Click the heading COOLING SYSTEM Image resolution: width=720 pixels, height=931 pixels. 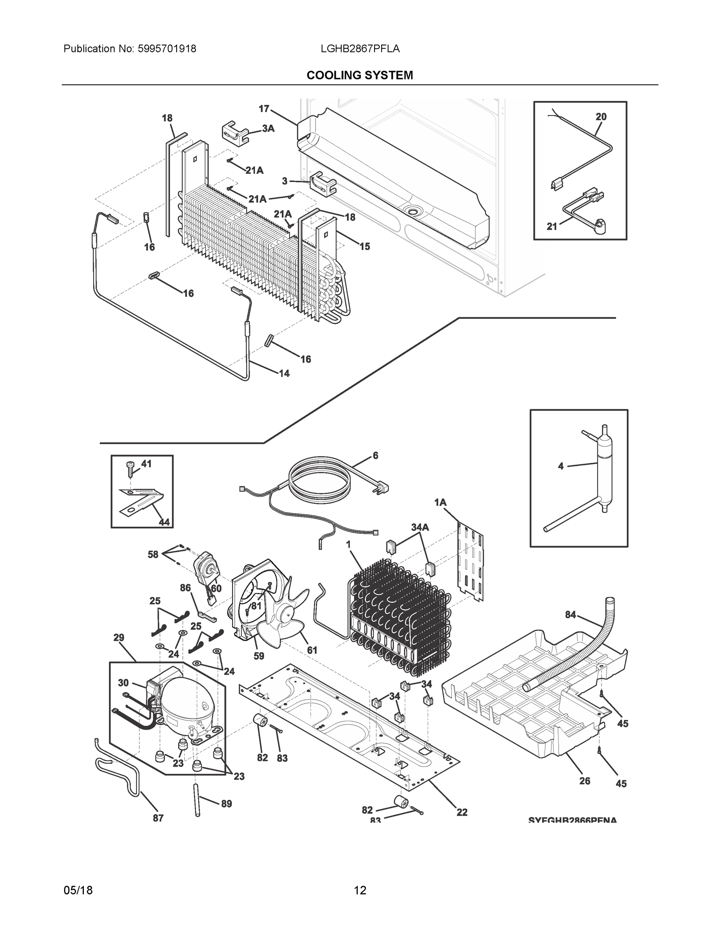359,76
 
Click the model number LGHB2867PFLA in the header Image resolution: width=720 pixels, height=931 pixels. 360,49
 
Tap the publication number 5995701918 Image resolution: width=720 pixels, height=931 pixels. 167,49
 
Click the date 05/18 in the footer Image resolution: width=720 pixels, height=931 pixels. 78,890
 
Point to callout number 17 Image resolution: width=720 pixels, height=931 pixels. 264,109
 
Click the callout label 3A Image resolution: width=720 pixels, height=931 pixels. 268,128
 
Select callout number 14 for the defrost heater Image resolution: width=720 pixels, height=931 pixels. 284,374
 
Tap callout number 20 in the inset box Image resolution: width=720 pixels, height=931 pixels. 601,116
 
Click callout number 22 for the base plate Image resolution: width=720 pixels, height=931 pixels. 462,813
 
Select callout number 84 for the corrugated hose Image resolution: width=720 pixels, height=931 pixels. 570,615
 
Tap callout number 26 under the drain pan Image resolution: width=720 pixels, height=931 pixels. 585,780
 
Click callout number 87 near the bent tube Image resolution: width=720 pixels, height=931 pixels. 158,818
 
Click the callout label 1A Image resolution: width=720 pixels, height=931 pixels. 440,503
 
